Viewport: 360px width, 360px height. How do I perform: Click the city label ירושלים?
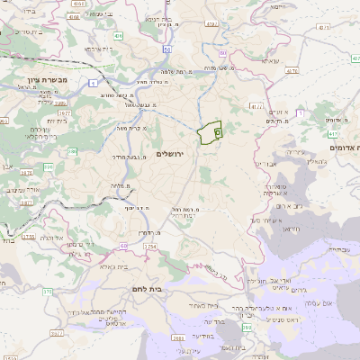click(169, 155)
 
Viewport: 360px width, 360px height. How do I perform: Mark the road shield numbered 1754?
click(150, 246)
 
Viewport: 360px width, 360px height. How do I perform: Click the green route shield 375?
click(47, 290)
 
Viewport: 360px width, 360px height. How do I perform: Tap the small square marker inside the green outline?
click(219, 130)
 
